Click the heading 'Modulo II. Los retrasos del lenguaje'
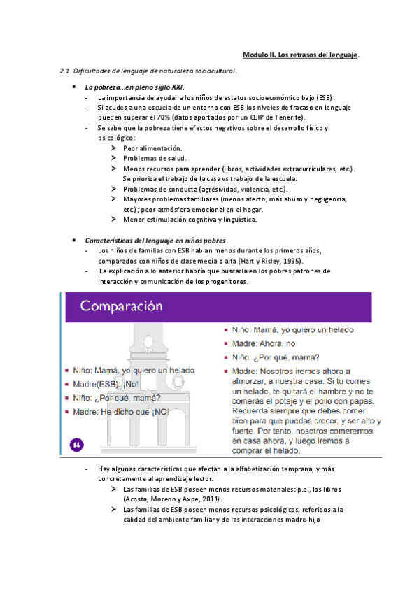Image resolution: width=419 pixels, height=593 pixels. click(301, 55)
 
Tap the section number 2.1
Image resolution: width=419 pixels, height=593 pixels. click(66, 71)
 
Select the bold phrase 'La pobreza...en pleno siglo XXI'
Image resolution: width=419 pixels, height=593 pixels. click(134, 86)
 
